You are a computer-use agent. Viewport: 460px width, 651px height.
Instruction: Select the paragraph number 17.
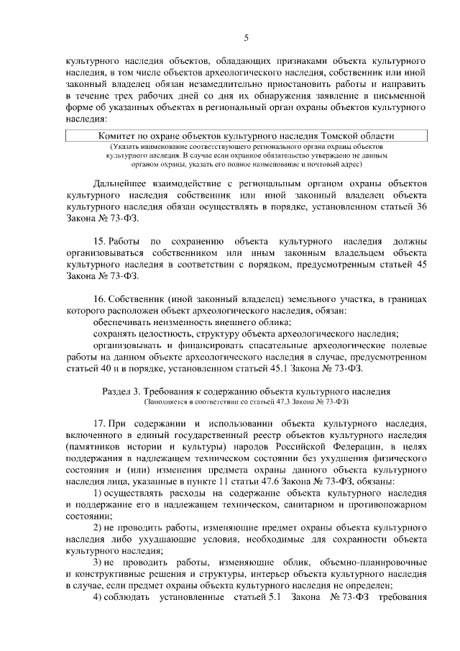tap(101, 423)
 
